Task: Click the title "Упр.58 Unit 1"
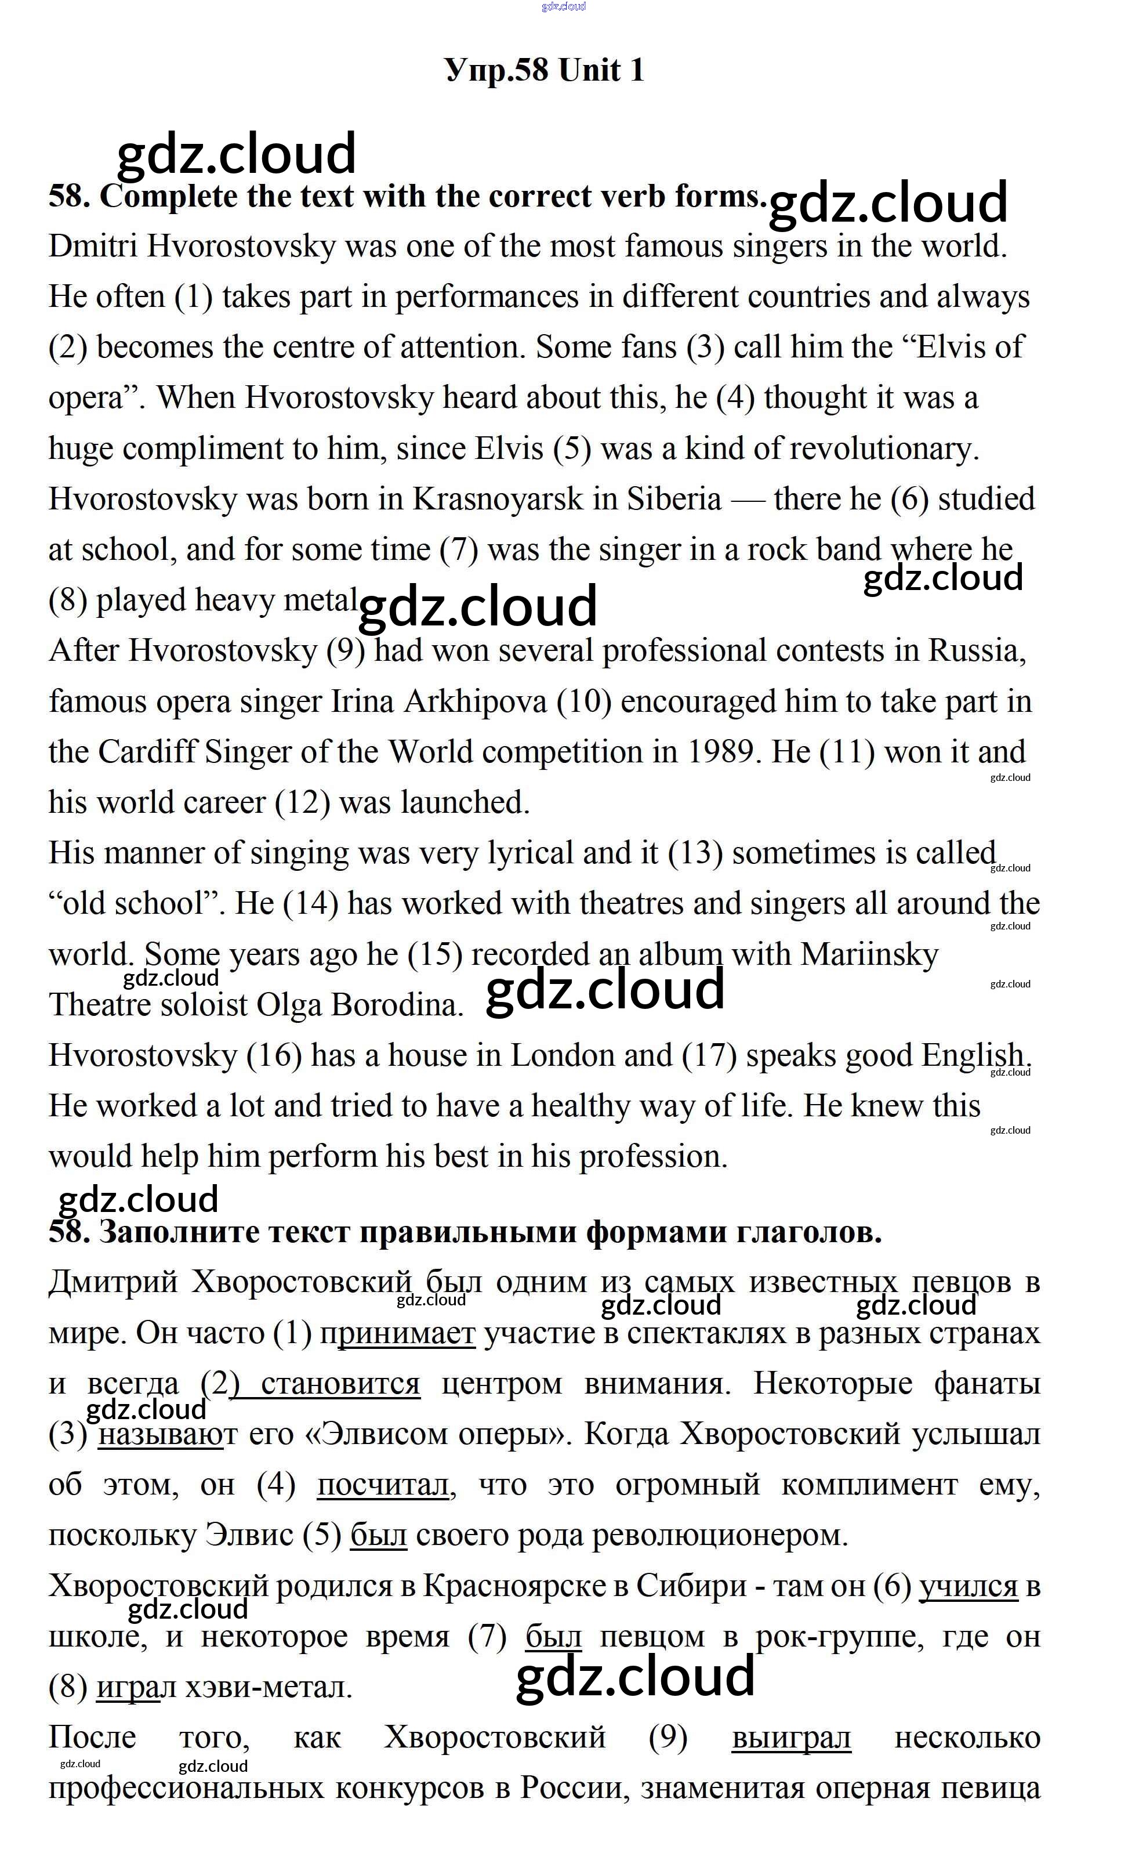click(545, 70)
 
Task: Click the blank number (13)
click(695, 854)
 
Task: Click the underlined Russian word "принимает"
click(398, 1334)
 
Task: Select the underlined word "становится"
click(339, 1384)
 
